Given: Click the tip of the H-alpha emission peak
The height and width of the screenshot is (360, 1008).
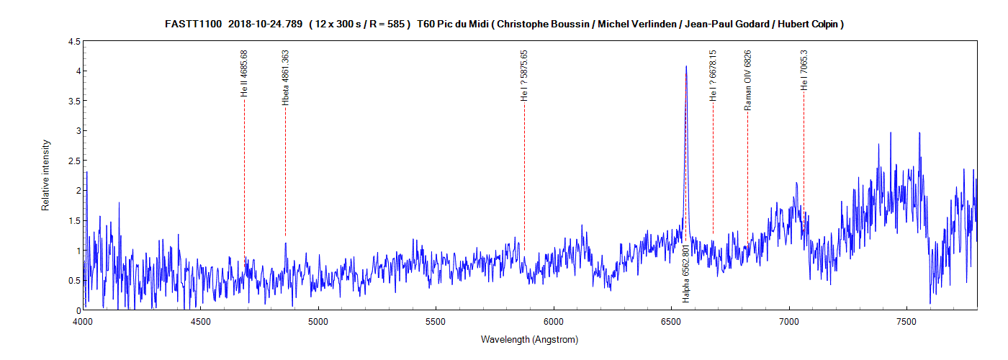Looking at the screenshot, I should point(686,66).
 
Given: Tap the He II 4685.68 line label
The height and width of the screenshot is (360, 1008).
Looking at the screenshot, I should point(245,73).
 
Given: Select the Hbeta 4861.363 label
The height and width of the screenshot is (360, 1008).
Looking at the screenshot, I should point(286,78).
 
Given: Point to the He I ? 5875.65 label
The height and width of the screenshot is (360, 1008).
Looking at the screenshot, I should point(524,75).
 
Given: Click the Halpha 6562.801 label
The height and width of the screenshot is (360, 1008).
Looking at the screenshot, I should point(686,273).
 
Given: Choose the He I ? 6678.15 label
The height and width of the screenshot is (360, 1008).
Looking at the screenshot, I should point(713,74).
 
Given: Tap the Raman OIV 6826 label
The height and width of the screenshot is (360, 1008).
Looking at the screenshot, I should point(747,80).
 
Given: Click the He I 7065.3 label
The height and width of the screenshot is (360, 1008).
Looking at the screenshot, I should point(804,70).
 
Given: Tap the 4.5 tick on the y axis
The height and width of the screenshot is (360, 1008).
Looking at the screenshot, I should point(74,42).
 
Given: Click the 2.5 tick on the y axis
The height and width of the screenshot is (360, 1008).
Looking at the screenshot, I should point(74,161).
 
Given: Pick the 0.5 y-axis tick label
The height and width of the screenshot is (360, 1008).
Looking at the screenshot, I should point(74,280).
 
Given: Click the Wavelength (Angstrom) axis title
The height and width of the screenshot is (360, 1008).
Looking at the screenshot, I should point(530,339).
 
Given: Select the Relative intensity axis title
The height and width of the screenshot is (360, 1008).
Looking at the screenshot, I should point(45,175).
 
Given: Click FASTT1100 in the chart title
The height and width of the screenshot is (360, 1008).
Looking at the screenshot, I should point(194,24).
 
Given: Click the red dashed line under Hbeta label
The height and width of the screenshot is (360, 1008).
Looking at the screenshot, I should point(285,173).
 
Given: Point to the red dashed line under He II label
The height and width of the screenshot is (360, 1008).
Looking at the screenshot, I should point(244,180).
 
